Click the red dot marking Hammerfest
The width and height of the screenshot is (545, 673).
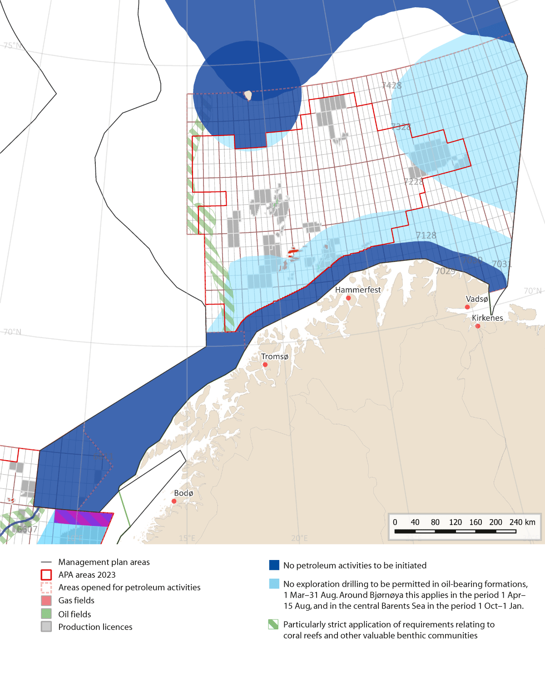[348, 298]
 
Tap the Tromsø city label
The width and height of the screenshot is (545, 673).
[274, 357]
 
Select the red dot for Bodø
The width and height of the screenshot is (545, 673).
[174, 501]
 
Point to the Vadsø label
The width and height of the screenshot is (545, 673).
[477, 299]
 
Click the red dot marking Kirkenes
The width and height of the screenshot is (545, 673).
[478, 326]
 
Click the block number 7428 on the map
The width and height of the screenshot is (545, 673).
[391, 85]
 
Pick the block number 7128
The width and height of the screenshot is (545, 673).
[426, 235]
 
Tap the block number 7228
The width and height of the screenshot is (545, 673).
[414, 182]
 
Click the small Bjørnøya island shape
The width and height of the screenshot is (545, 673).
[248, 95]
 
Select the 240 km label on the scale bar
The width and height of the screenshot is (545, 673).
[522, 522]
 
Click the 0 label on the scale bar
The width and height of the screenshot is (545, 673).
[395, 522]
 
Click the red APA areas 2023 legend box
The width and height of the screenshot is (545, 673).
[46, 575]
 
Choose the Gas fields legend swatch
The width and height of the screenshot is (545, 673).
[46, 600]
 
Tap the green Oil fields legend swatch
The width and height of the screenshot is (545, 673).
[46, 614]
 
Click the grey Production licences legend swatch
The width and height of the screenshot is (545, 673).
[46, 627]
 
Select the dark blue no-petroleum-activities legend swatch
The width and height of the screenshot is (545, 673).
[274, 565]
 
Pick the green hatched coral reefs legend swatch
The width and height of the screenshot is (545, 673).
[273, 624]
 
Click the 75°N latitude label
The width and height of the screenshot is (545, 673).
[12, 45]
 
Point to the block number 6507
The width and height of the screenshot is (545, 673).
[27, 529]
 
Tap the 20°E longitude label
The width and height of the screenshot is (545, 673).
[299, 538]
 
